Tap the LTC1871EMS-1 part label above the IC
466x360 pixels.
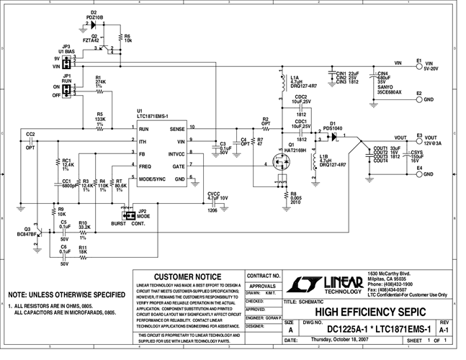coord(153,116)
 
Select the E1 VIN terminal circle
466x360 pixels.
coord(419,63)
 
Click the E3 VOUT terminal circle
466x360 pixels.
coord(418,138)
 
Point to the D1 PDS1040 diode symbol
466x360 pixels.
coord(333,134)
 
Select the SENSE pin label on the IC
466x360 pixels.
coord(177,128)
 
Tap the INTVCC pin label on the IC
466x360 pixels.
coord(176,153)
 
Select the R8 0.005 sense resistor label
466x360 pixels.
coord(295,198)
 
